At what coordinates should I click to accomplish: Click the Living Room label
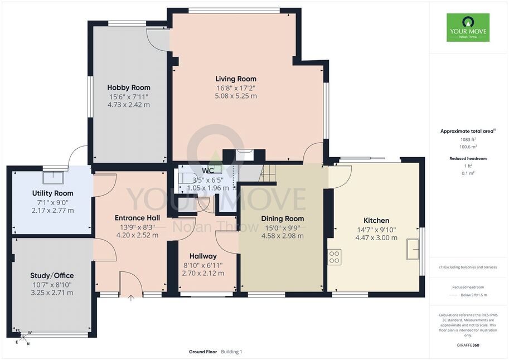pyautogui.click(x=236, y=79)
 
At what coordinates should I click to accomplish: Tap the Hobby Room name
pyautogui.click(x=129, y=87)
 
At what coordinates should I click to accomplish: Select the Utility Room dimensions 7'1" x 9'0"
pyautogui.click(x=52, y=202)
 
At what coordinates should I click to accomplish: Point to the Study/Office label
pyautogui.click(x=52, y=276)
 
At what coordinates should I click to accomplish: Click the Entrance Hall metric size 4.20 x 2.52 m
pyautogui.click(x=137, y=235)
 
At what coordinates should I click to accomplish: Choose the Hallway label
pyautogui.click(x=203, y=256)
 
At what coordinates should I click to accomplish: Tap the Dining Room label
pyautogui.click(x=283, y=219)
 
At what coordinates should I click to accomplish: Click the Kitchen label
pyautogui.click(x=376, y=221)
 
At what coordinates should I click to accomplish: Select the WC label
pyautogui.click(x=208, y=171)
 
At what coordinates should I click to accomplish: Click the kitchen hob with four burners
pyautogui.click(x=334, y=257)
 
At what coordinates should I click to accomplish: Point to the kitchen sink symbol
pyautogui.click(x=413, y=249)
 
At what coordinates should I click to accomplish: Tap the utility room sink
pyautogui.click(x=53, y=177)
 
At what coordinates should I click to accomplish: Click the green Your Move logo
pyautogui.click(x=468, y=27)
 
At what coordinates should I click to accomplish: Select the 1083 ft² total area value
pyautogui.click(x=468, y=139)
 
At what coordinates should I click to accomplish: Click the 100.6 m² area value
pyautogui.click(x=468, y=147)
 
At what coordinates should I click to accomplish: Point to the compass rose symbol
pyautogui.click(x=23, y=337)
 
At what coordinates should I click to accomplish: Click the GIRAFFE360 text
pyautogui.click(x=468, y=345)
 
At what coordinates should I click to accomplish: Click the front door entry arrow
pyautogui.click(x=131, y=298)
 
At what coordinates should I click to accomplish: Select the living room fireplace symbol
pyautogui.click(x=244, y=155)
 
